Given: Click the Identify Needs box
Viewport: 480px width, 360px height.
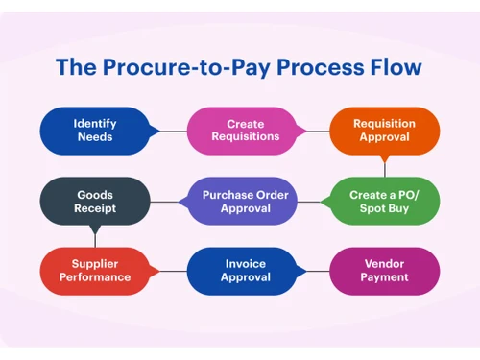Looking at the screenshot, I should pos(95,131).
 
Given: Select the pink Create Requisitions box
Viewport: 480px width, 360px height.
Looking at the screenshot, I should pos(240,131).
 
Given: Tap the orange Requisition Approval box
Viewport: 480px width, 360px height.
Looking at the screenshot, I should pos(385,131).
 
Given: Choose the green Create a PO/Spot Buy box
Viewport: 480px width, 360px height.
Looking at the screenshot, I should pos(385,202).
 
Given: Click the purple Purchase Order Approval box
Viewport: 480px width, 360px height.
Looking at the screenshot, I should pos(240,202).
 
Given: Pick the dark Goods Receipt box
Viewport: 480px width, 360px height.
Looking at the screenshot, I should pos(95,202).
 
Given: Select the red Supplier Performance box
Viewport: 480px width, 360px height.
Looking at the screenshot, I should pos(95,271).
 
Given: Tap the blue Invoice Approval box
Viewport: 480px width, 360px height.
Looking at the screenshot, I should pos(240,271).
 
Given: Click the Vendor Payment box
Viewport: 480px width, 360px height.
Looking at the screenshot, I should pos(385,271).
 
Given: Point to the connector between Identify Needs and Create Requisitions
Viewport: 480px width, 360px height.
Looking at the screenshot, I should pos(168,132).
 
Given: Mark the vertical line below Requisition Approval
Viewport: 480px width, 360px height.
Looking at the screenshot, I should pos(385,165).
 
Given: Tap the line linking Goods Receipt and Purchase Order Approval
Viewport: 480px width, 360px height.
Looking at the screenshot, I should pos(168,202).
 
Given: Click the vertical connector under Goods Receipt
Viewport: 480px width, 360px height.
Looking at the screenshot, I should pos(93,236).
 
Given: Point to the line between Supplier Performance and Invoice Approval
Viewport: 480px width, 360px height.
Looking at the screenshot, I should pos(168,271).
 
